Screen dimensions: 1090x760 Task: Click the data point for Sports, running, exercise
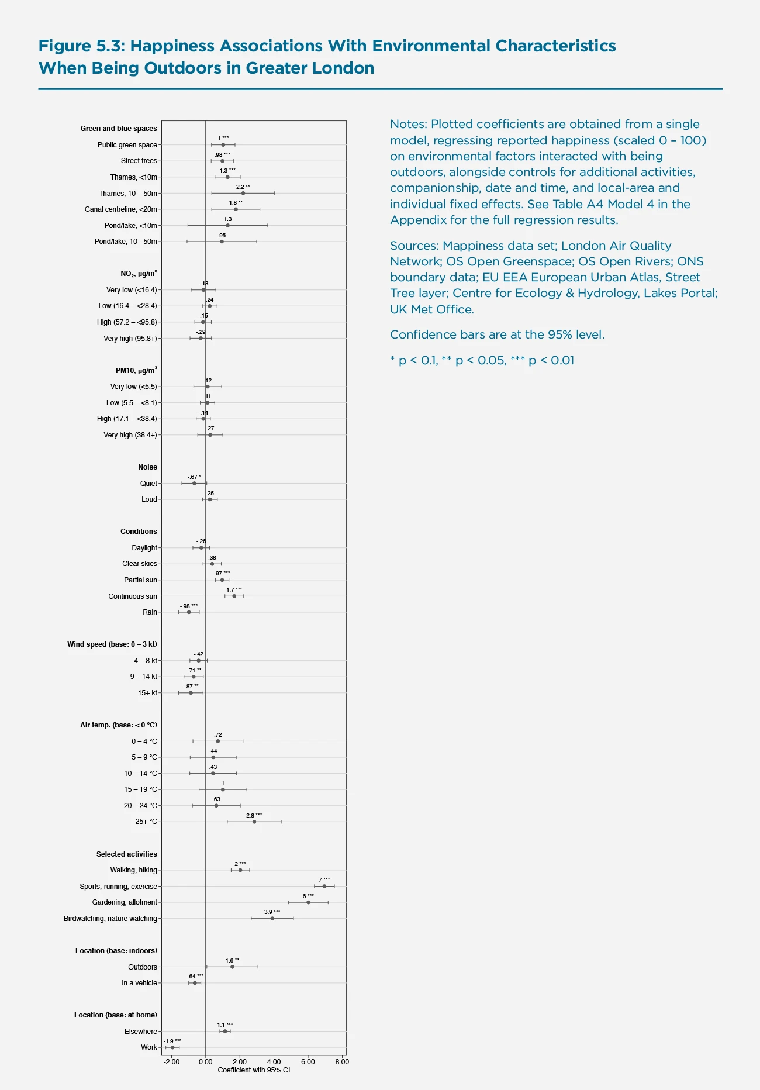(324, 886)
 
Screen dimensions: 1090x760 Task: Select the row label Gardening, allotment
(125, 902)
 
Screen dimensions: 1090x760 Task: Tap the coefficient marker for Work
(172, 1047)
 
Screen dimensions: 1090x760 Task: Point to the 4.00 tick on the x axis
(274, 1061)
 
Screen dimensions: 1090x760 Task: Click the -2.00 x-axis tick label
(171, 1061)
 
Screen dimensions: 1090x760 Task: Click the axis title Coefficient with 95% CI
(254, 1070)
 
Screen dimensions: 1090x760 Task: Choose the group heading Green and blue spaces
(119, 129)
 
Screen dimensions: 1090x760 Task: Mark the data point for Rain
(189, 612)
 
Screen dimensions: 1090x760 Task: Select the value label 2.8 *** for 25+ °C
(254, 815)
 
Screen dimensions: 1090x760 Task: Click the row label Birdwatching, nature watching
(110, 919)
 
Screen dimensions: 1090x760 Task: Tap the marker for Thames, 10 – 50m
(243, 193)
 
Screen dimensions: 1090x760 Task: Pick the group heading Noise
(147, 467)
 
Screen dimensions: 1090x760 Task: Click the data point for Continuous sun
(234, 596)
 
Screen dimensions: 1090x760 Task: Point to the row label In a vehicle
(139, 983)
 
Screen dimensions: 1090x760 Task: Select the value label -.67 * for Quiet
(194, 477)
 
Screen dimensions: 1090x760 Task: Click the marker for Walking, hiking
(240, 870)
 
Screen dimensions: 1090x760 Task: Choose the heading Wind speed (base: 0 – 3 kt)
(112, 644)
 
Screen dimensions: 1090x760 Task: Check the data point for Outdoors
(232, 967)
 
